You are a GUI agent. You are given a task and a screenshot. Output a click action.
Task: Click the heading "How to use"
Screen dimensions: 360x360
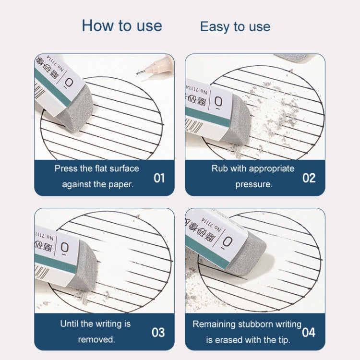(122, 25)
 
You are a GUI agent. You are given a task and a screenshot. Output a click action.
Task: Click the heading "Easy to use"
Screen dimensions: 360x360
(235, 27)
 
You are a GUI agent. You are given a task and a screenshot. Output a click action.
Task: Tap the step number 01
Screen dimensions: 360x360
(159, 178)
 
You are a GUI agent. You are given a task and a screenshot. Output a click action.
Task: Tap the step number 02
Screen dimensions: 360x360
(309, 178)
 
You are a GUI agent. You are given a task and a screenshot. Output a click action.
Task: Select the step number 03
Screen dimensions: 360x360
(158, 332)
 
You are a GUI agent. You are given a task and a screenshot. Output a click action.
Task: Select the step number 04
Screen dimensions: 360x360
(309, 332)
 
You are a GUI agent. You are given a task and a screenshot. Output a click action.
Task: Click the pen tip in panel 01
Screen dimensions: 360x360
(139, 72)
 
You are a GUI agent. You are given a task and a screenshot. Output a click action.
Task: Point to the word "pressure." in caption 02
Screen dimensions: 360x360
(254, 184)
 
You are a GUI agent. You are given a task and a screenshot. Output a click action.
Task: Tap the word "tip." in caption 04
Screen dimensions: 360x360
(282, 340)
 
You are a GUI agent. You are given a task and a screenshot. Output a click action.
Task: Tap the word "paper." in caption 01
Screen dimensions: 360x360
(122, 184)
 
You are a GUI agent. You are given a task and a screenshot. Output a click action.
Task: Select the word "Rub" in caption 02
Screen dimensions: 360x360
(219, 168)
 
